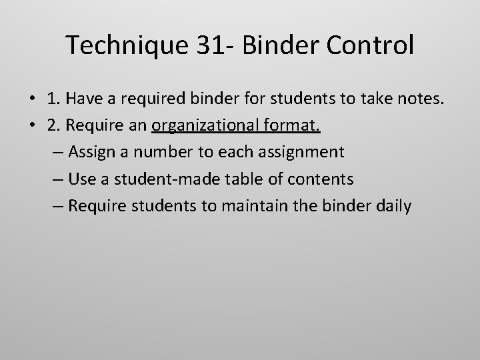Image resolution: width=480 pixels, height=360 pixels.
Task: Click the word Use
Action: pos(81,179)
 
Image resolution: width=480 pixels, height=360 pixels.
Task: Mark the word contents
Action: pos(321,179)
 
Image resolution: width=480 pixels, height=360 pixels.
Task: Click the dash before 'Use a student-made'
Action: pos(57,179)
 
